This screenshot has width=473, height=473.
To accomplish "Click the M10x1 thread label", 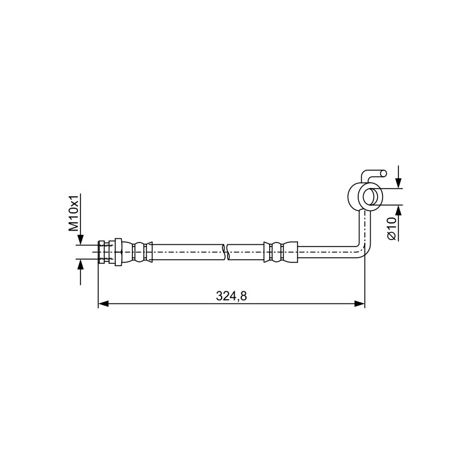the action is [x=74, y=213].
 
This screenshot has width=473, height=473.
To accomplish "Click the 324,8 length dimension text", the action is [x=231, y=296].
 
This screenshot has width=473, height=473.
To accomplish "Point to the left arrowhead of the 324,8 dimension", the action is [x=103, y=304].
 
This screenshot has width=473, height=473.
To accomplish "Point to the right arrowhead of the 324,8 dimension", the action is [x=359, y=304].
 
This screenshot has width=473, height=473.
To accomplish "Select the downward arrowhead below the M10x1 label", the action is [x=80, y=240].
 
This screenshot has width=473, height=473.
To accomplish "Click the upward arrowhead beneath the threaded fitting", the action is [x=80, y=264].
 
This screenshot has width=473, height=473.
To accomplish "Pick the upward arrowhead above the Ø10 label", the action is [x=399, y=210].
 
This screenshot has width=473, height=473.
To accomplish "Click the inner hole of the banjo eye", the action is [x=368, y=197].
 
